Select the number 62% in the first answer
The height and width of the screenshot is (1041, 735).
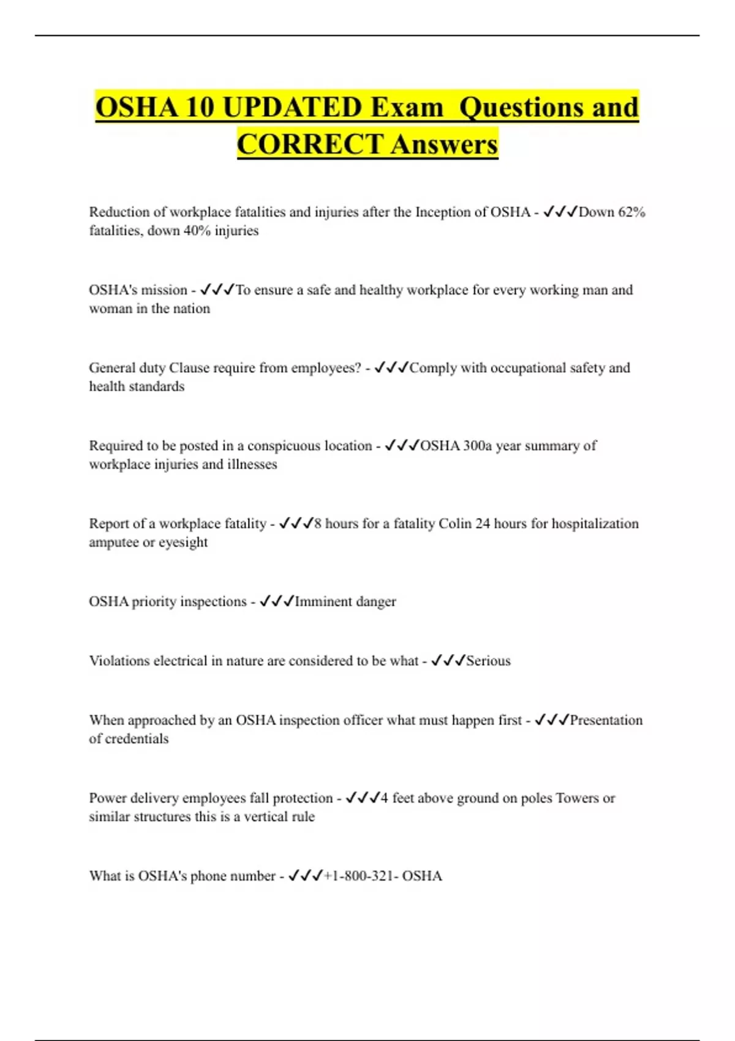click(x=631, y=212)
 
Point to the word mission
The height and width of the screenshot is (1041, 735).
click(x=164, y=290)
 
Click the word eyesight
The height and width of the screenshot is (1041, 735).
click(x=183, y=543)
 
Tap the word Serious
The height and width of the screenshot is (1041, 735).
click(x=488, y=661)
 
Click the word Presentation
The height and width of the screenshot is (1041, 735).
click(x=606, y=720)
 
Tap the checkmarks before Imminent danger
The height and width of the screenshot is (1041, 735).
click(x=277, y=601)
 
